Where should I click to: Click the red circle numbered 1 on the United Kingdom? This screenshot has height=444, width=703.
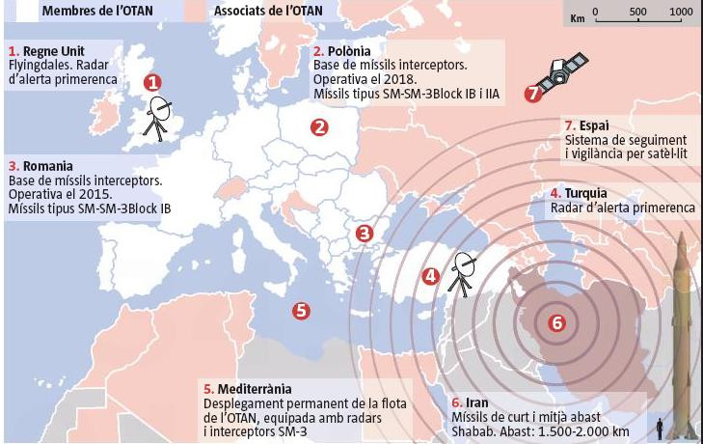click(x=152, y=84)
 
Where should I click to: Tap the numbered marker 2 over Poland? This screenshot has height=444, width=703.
click(x=319, y=126)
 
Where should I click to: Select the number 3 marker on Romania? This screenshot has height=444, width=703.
click(x=364, y=233)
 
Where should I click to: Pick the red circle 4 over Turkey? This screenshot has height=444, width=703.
click(x=431, y=276)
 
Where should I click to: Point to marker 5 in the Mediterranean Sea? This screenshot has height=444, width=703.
click(x=300, y=311)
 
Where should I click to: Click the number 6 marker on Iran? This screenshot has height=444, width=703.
click(x=555, y=322)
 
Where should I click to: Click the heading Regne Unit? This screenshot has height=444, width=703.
click(x=49, y=50)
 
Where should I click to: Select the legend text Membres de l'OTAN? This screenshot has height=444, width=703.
click(x=76, y=12)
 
